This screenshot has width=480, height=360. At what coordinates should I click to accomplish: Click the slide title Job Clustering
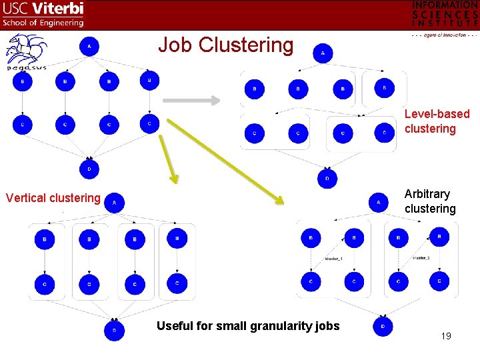pyautogui.click(x=225, y=45)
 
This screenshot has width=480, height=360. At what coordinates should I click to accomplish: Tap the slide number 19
pyautogui.click(x=446, y=336)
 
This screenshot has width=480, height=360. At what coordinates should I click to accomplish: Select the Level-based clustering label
pyautogui.click(x=437, y=121)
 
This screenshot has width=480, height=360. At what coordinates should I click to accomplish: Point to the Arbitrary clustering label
pyautogui.click(x=430, y=201)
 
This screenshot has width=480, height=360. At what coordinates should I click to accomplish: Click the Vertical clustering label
pyautogui.click(x=53, y=198)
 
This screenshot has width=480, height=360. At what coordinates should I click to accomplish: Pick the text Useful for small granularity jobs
pyautogui.click(x=248, y=326)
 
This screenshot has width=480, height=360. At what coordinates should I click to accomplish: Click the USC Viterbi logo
pyautogui.click(x=43, y=14)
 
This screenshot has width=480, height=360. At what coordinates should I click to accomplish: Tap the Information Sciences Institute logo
pyautogui.click(x=445, y=17)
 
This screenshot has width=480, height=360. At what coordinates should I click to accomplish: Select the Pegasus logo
pyautogui.click(x=26, y=53)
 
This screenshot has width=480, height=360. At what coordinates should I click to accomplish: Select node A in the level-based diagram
pyautogui.click(x=323, y=53)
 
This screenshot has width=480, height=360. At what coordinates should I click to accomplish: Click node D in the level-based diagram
pyautogui.click(x=327, y=179)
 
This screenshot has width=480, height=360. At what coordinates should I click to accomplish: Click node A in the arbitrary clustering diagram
pyautogui.click(x=378, y=202)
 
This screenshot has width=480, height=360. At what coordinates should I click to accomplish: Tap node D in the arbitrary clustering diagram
pyautogui.click(x=383, y=326)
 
